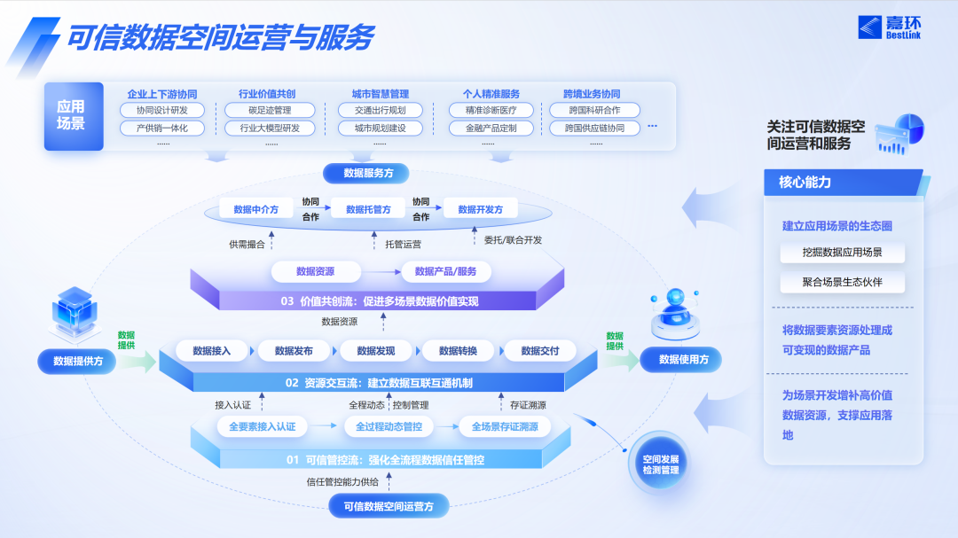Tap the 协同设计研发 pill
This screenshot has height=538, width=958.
pos(162,111)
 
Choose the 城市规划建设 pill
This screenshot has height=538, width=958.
pos(380,128)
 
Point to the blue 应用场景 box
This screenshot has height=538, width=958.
pos(71,116)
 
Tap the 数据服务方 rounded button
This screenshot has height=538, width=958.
pos(369,173)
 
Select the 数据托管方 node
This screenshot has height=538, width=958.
pos(368,209)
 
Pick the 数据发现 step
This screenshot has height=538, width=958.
pos(376,351)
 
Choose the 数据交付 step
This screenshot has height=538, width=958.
pos(540,351)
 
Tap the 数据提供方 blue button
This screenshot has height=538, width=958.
pos(78,361)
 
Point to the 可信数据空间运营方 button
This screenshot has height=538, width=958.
pos(389,506)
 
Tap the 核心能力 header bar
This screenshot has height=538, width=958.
pos(843,183)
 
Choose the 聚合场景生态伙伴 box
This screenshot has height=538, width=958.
pos(842,284)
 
